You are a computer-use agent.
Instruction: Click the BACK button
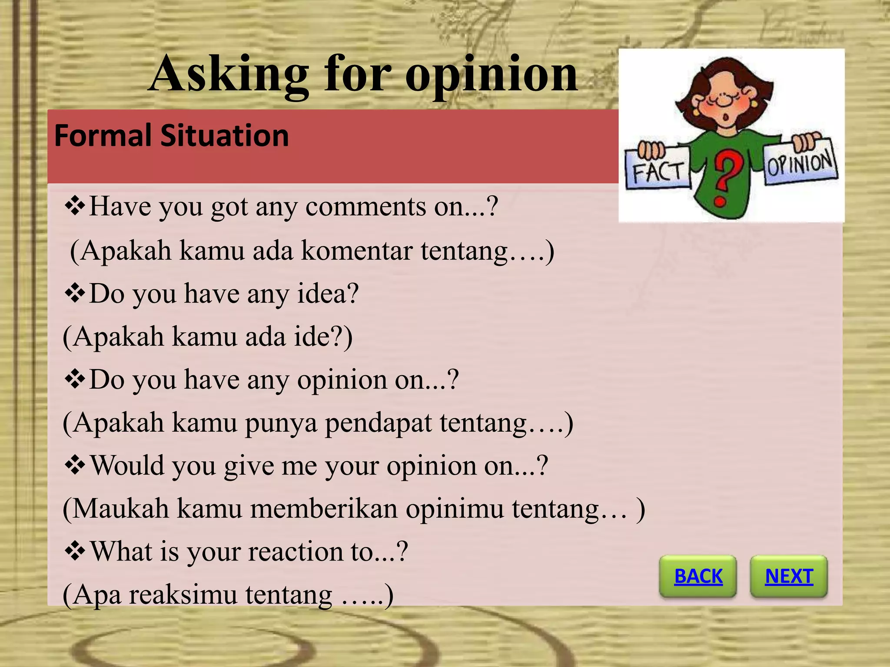click(698, 576)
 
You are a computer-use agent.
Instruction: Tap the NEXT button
click(789, 576)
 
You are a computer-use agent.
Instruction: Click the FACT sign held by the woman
click(658, 171)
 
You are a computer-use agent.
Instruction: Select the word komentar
click(356, 251)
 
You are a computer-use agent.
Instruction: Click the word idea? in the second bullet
click(328, 294)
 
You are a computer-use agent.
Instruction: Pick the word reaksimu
click(183, 594)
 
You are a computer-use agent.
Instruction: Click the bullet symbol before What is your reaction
click(75, 551)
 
